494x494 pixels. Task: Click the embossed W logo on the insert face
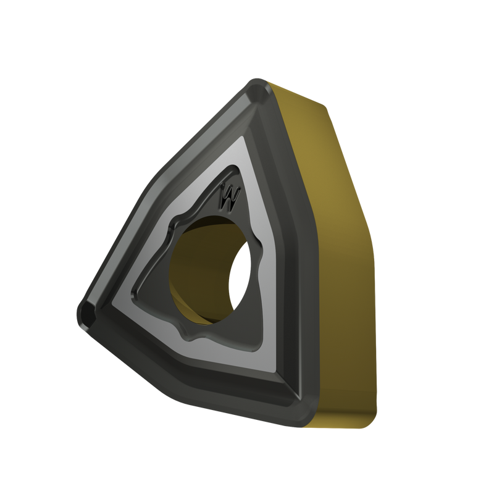230,196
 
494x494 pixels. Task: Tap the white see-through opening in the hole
240,277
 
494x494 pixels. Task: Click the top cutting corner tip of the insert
257,83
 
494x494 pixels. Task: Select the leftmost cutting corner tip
81,314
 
